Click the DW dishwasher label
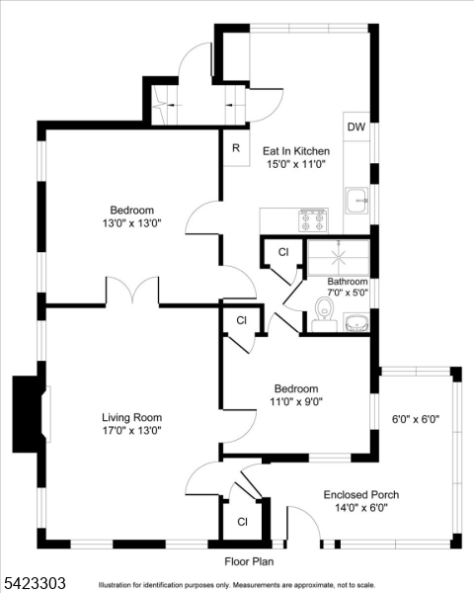click(356, 127)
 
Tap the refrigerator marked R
click(236, 148)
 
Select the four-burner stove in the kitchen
click(313, 220)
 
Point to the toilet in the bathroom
click(324, 313)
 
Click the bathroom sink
click(356, 322)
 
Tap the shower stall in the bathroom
click(339, 258)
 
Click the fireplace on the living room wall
click(31, 414)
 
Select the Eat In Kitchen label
click(296, 151)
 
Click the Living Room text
click(132, 417)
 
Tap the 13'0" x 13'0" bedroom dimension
click(132, 223)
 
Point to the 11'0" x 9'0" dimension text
click(296, 401)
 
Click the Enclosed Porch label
click(361, 495)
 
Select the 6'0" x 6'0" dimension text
click(416, 419)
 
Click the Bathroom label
click(348, 282)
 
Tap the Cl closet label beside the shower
click(283, 252)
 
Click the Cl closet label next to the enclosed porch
click(242, 522)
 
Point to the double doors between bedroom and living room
click(132, 290)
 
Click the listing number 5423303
click(35, 582)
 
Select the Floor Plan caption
click(249, 561)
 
